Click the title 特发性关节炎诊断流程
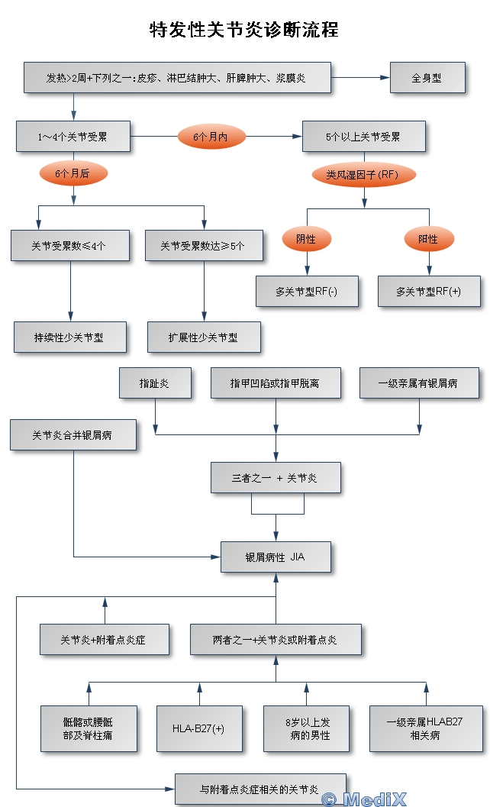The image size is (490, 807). (244, 31)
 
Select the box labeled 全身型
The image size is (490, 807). (427, 78)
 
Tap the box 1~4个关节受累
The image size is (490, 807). (73, 137)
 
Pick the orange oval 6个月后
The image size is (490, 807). (73, 174)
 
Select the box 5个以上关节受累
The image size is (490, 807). (363, 137)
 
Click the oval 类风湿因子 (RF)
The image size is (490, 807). (364, 175)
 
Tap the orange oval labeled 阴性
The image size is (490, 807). (306, 239)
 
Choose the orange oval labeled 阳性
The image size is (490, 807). (428, 239)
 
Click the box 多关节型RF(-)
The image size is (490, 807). (307, 291)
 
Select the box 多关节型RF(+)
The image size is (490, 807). (428, 291)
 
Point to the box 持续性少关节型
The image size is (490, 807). (69, 337)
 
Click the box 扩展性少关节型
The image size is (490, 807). (203, 337)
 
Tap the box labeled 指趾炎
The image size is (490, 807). (154, 383)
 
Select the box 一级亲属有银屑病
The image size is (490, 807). (417, 383)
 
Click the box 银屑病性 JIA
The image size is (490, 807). (276, 557)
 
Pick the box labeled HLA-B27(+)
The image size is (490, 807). (198, 728)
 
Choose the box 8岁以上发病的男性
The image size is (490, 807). (306, 728)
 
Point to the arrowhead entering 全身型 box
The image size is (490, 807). (385, 78)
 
